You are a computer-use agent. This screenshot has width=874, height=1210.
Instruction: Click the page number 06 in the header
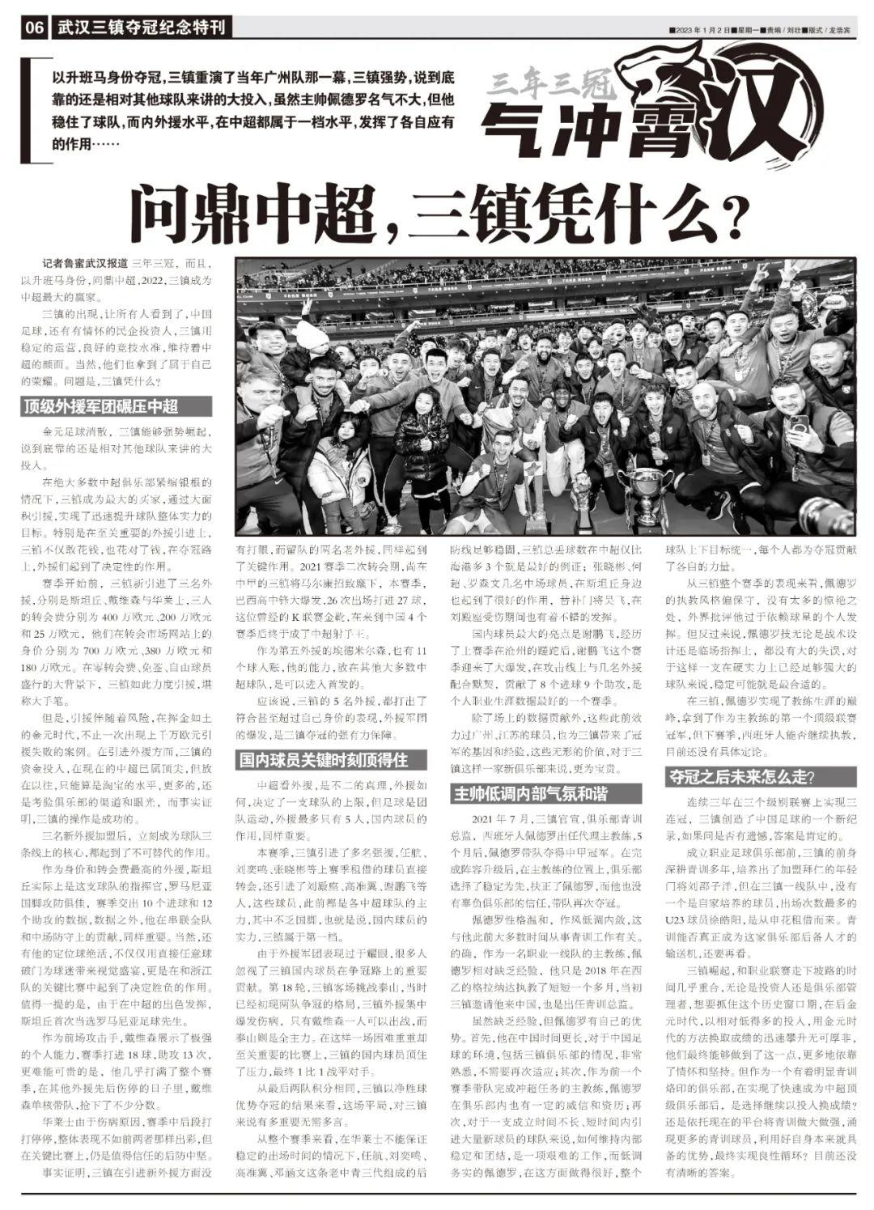(34, 28)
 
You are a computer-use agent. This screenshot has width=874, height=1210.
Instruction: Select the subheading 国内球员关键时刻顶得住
(321, 760)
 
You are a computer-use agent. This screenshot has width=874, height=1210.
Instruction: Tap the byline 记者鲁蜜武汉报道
(85, 263)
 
